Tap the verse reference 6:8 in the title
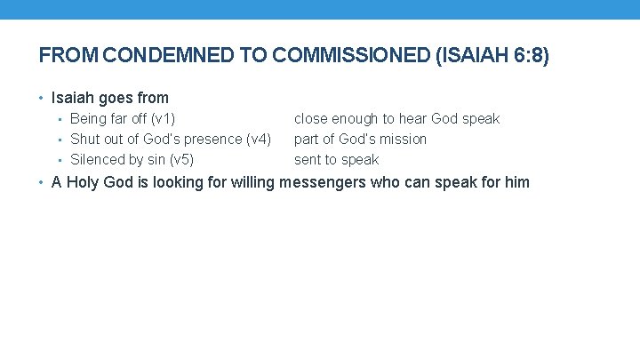pos(524,55)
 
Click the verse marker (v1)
pos(163,118)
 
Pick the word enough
pos(354,118)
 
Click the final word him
pos(516,182)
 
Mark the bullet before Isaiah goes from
pos(43,98)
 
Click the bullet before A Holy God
pos(43,182)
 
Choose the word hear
pos(412,118)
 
